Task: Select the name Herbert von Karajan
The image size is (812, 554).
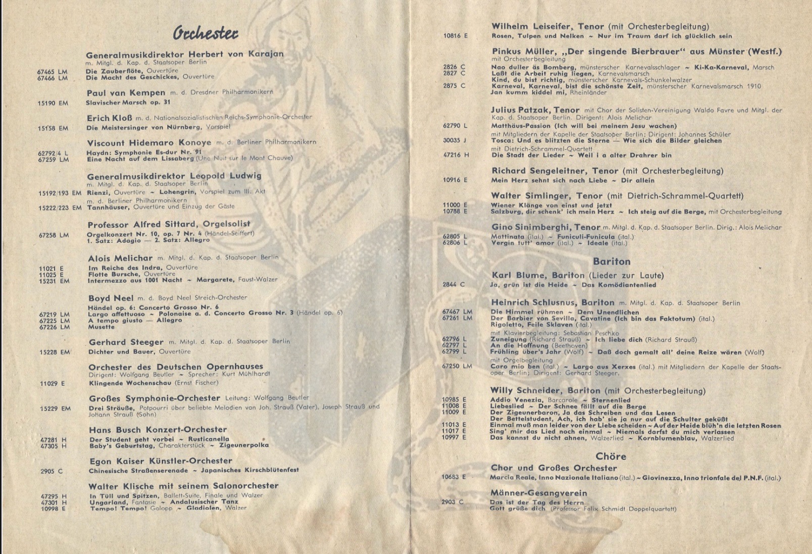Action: (236, 54)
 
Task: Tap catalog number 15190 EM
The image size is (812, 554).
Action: (53, 103)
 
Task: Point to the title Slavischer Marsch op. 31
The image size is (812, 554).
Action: (128, 103)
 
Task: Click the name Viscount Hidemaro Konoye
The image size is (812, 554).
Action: (149, 142)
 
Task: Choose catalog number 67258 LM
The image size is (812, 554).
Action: (54, 235)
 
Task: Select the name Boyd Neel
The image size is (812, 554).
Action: (111, 298)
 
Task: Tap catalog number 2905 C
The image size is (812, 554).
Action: (52, 471)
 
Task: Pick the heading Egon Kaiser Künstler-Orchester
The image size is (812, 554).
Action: (161, 461)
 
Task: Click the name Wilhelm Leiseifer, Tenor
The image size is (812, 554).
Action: (547, 26)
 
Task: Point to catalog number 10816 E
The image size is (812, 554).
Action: (455, 36)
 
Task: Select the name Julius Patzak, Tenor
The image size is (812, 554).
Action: (535, 110)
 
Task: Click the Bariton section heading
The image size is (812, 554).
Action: (612, 261)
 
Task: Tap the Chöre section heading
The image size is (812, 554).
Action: (611, 456)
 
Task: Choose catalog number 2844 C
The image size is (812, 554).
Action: (453, 284)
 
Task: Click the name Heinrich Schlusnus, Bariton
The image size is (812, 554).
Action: (552, 303)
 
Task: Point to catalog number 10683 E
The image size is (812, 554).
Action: (454, 477)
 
